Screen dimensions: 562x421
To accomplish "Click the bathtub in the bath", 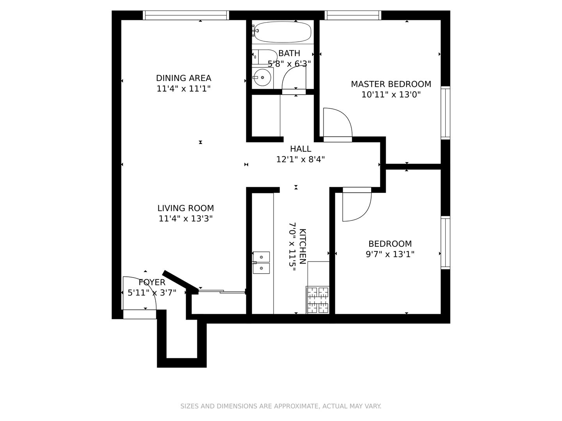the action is [x=283, y=32].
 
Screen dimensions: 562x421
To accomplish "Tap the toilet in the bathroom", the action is [x=265, y=57].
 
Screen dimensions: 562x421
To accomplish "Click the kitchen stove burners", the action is [x=317, y=300].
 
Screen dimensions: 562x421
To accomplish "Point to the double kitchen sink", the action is [x=261, y=262].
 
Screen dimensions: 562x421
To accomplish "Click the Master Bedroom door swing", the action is [x=338, y=122].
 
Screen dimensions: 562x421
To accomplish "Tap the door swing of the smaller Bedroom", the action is [x=357, y=207].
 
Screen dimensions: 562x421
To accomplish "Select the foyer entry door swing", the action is [x=140, y=293].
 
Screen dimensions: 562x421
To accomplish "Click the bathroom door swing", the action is [x=294, y=78].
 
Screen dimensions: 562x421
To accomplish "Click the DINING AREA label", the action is [x=183, y=78].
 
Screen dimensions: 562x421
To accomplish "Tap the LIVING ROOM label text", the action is [x=186, y=208].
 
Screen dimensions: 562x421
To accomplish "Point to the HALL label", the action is [x=301, y=149].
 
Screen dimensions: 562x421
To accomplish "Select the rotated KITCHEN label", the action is [x=302, y=246].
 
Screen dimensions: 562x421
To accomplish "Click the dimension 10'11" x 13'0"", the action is [x=391, y=95].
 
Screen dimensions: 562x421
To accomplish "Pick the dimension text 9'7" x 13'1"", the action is [x=390, y=254].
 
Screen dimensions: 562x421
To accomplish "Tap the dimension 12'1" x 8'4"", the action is [x=301, y=159].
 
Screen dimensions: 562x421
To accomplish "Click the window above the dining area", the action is [x=186, y=15].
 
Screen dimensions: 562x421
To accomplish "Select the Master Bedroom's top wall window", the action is [x=353, y=15].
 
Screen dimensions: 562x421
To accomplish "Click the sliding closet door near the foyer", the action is [x=222, y=291].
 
